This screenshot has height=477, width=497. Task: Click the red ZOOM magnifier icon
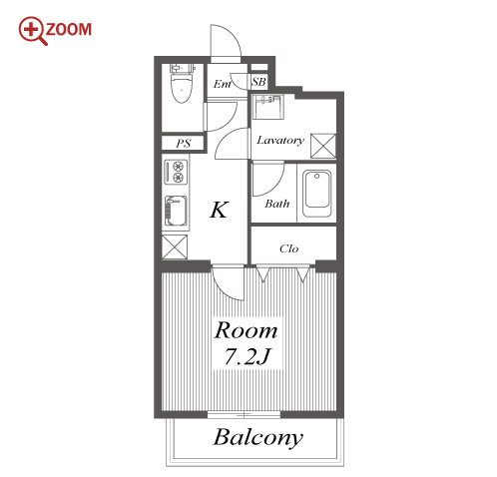(x=33, y=31)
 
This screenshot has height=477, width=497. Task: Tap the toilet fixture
(x=182, y=83)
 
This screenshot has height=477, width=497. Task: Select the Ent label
(x=223, y=84)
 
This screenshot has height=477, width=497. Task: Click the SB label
(x=258, y=82)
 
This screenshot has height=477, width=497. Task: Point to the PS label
(x=183, y=144)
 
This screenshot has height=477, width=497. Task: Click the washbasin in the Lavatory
(x=268, y=107)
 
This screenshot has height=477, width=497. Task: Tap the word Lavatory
(x=280, y=140)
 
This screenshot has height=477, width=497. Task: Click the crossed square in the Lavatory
(x=323, y=146)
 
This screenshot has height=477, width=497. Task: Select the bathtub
(x=317, y=194)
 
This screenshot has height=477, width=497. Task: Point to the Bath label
(x=277, y=204)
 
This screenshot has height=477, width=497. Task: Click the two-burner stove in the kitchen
(x=176, y=172)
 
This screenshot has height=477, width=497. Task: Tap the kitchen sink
(x=176, y=211)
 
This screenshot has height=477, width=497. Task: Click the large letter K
(x=220, y=210)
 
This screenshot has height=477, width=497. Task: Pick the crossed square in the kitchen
(x=175, y=246)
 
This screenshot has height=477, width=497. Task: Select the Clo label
(x=288, y=248)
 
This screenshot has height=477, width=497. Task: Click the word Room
(x=246, y=330)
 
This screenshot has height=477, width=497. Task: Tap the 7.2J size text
(x=248, y=356)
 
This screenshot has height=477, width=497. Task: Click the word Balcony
(x=258, y=437)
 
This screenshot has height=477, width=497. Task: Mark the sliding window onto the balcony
(x=245, y=414)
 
